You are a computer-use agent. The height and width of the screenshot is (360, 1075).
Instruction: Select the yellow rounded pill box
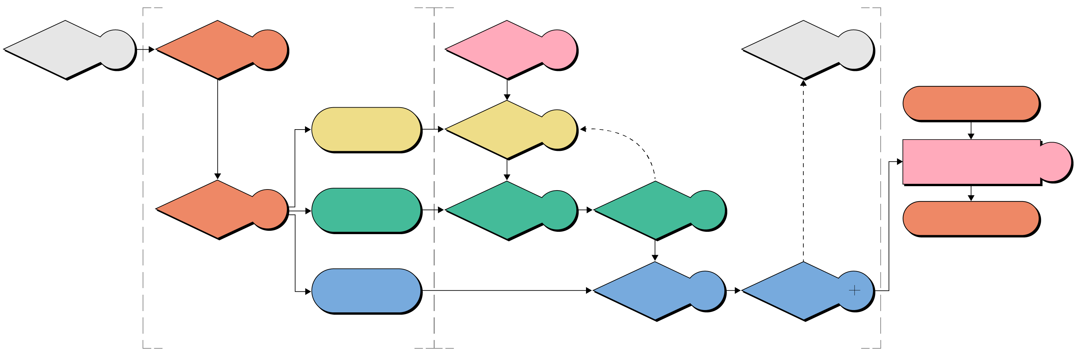(x=366, y=129)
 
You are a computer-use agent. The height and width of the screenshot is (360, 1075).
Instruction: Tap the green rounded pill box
(x=366, y=210)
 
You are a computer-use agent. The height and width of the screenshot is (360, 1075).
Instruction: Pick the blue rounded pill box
(x=366, y=290)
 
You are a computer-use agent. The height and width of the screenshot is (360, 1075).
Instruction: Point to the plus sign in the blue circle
(x=854, y=290)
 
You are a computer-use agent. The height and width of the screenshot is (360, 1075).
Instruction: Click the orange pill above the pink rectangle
(x=971, y=104)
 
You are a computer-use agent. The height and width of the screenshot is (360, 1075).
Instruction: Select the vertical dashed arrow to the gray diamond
(x=803, y=171)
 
